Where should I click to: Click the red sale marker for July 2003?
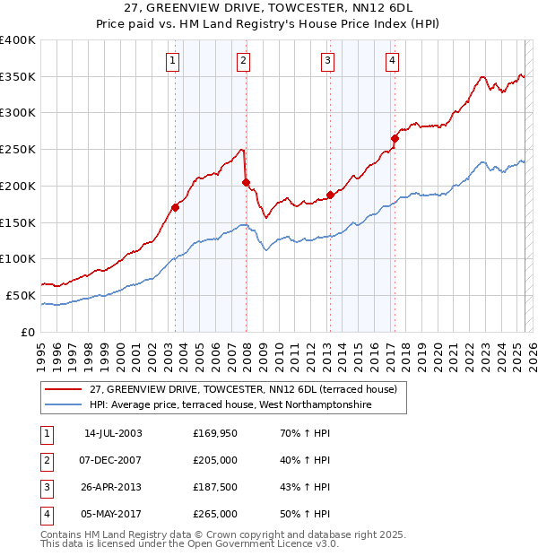(176, 207)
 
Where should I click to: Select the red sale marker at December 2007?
(246, 182)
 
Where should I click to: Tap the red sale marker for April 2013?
(330, 195)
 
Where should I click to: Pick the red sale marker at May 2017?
(395, 138)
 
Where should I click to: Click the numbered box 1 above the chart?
(172, 61)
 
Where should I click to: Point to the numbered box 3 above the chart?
(328, 61)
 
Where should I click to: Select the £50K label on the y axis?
(21, 295)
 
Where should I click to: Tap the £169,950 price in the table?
(215, 433)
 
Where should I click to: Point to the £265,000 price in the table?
(215, 514)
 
